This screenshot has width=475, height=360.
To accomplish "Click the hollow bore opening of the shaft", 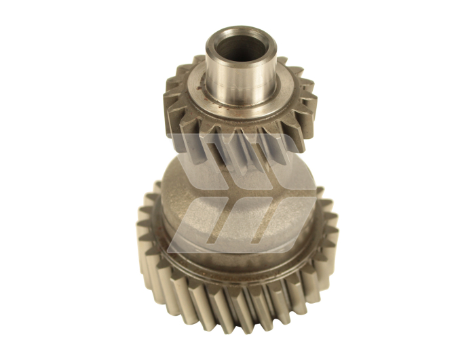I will click(240, 44).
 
